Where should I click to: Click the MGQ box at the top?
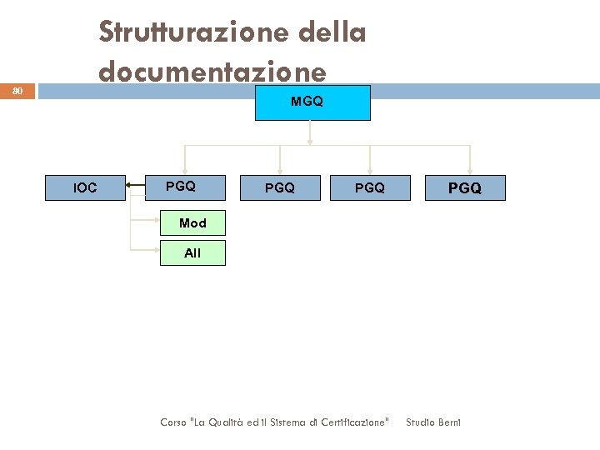point(312,102)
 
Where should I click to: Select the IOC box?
point(85,187)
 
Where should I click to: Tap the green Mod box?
point(192,222)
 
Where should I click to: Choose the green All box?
point(192,252)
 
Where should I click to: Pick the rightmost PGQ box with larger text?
point(465,187)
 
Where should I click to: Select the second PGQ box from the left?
point(279,187)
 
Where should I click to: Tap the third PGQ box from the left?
point(370,187)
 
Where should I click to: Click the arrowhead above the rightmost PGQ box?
point(470,172)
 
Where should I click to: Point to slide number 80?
point(18,91)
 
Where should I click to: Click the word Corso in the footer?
point(174,422)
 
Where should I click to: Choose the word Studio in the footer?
point(419,422)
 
